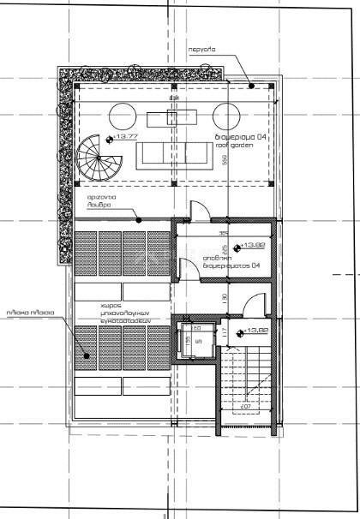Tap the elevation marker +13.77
tap(121, 137)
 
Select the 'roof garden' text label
tap(230, 144)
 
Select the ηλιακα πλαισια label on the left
tap(30, 313)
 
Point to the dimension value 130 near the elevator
tap(226, 297)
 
